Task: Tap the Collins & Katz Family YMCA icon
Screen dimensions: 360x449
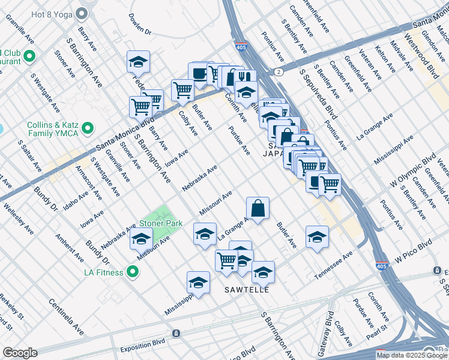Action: click(x=88, y=128)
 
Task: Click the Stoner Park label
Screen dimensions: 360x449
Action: click(x=161, y=223)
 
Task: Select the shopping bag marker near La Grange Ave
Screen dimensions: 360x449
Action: click(x=257, y=209)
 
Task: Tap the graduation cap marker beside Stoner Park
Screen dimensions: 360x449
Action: click(x=141, y=239)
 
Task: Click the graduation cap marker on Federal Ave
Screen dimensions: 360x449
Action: click(x=138, y=61)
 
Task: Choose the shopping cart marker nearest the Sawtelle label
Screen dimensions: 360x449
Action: click(x=226, y=260)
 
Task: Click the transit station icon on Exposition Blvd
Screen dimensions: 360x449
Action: click(x=176, y=333)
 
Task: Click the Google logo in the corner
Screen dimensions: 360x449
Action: click(x=19, y=353)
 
